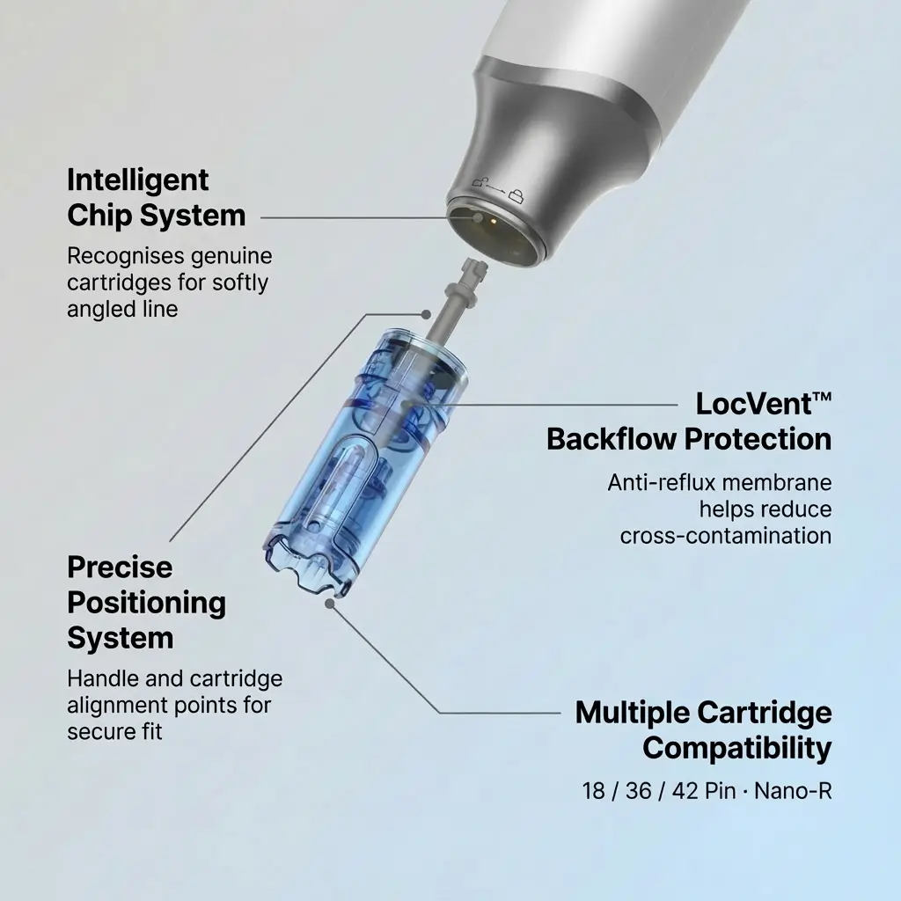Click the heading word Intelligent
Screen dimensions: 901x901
click(x=138, y=181)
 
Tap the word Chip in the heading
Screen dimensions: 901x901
click(x=99, y=216)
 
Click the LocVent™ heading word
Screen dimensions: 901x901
click(x=763, y=403)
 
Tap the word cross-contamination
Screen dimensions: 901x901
click(x=726, y=536)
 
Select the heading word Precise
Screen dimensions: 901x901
click(x=120, y=568)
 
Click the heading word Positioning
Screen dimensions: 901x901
click(x=147, y=604)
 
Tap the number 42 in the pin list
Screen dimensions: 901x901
click(x=685, y=791)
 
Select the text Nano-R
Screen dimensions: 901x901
click(x=793, y=791)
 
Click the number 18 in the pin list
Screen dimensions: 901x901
click(x=594, y=791)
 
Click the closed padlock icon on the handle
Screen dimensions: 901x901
click(x=516, y=196)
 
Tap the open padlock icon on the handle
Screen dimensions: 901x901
click(x=480, y=182)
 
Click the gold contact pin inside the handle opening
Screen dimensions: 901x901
click(x=493, y=219)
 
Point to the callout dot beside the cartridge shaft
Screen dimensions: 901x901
click(x=426, y=314)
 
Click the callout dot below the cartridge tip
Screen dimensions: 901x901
click(x=330, y=604)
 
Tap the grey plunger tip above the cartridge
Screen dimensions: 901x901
click(x=474, y=267)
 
